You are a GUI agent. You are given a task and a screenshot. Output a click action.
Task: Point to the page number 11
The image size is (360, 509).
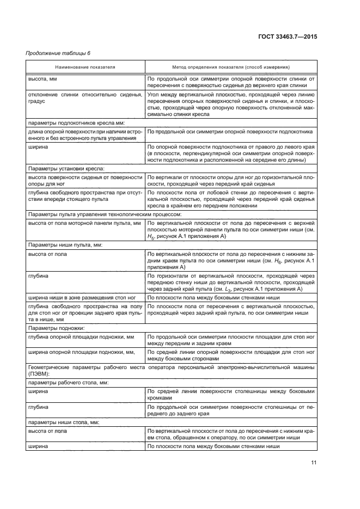[314, 463]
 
